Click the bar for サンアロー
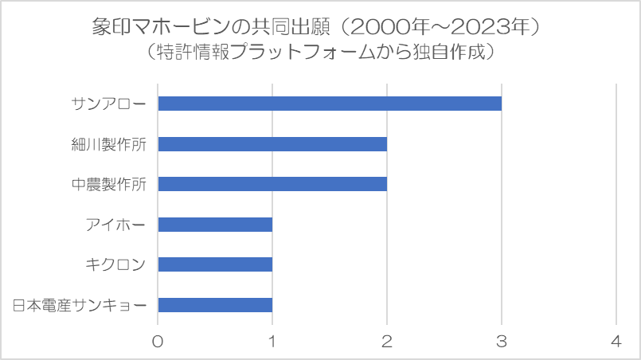coord(330,104)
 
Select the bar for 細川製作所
coord(272,144)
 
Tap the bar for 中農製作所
coord(272,184)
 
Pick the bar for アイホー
coord(216,225)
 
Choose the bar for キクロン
coord(216,264)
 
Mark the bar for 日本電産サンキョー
coord(216,305)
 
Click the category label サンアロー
coord(109,104)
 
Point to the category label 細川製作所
coord(109,144)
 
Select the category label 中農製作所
coord(109,185)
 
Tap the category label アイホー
coord(115,225)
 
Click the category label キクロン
coord(115,264)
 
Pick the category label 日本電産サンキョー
coord(80,305)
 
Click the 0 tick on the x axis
coord(158,341)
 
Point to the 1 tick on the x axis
coord(272,341)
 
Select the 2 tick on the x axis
coord(387,341)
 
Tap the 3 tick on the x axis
coord(502,341)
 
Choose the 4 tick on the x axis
coord(616,341)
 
